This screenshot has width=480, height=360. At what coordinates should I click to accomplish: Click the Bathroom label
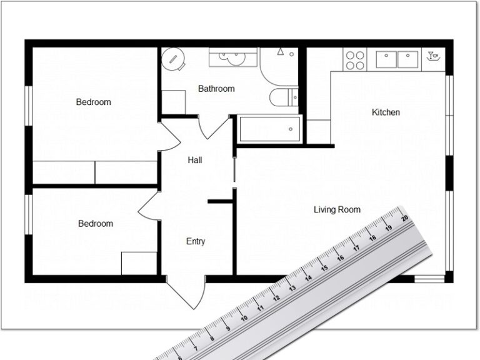[x=216, y=89]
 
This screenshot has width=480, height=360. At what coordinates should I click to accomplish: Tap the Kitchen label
[x=386, y=112]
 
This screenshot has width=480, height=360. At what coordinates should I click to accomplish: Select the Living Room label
[x=337, y=210]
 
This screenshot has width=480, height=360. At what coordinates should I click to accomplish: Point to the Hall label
[x=195, y=161]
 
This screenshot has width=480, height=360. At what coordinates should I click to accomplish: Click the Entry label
[x=196, y=241]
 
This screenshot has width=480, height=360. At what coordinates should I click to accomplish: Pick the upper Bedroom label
[x=94, y=102]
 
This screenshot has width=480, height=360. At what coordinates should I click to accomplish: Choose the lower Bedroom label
[x=96, y=223]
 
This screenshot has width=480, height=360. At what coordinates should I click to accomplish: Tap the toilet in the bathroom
[x=285, y=97]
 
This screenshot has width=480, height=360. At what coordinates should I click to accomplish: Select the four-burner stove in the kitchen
[x=355, y=59]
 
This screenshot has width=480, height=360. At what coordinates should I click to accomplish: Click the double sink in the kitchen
[x=397, y=59]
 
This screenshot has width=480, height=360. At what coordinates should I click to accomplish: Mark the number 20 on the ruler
[x=405, y=218]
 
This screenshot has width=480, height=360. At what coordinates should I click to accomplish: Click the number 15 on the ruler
[x=324, y=268]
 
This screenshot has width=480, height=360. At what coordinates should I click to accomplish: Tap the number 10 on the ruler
[x=243, y=317]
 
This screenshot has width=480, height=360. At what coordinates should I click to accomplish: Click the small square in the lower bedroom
[x=139, y=262]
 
